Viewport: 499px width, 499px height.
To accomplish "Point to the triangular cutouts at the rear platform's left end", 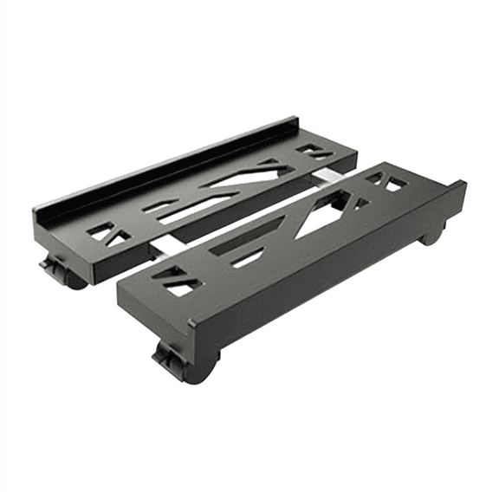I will [x=111, y=234].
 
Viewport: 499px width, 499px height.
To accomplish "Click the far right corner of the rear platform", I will [x=354, y=156].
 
